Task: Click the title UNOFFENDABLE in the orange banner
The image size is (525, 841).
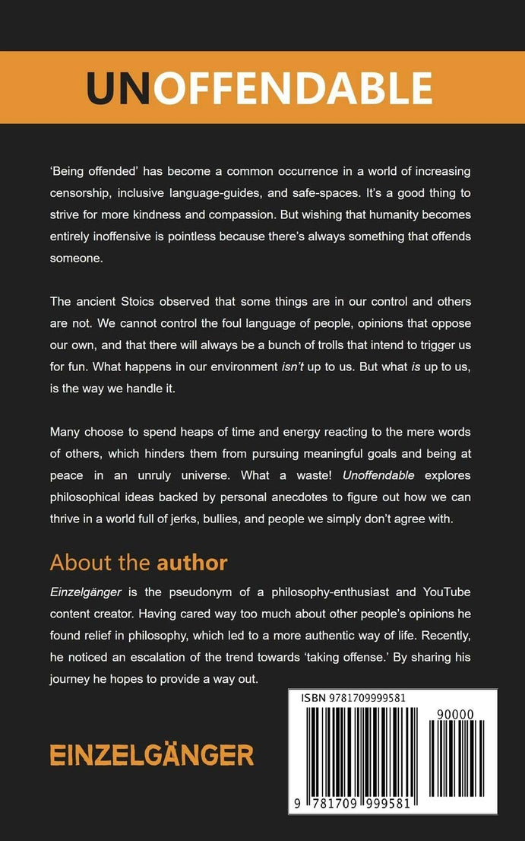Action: [x=260, y=89]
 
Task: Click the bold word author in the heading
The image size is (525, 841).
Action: [x=191, y=563]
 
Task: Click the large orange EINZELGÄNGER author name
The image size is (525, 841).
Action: [x=152, y=755]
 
